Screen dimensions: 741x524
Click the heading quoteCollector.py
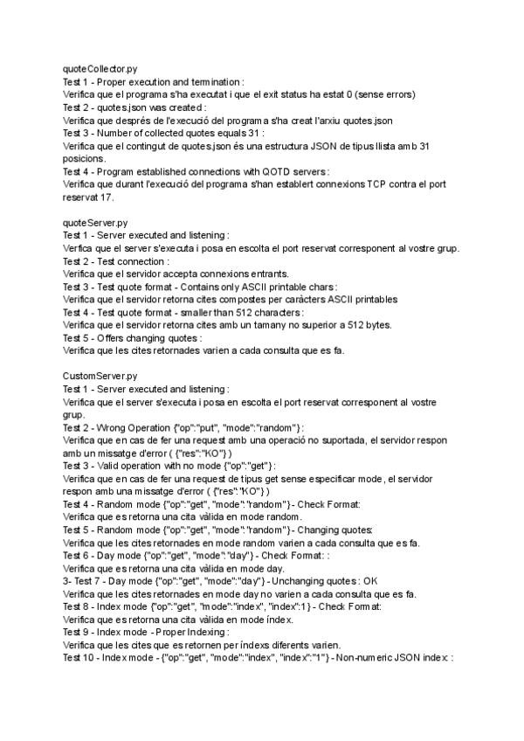pyautogui.click(x=99, y=67)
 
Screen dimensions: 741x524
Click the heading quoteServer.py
pyautogui.click(x=94, y=223)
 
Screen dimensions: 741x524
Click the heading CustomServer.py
pyautogui.click(x=100, y=376)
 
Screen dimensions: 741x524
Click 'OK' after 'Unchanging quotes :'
pyautogui.click(x=370, y=581)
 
